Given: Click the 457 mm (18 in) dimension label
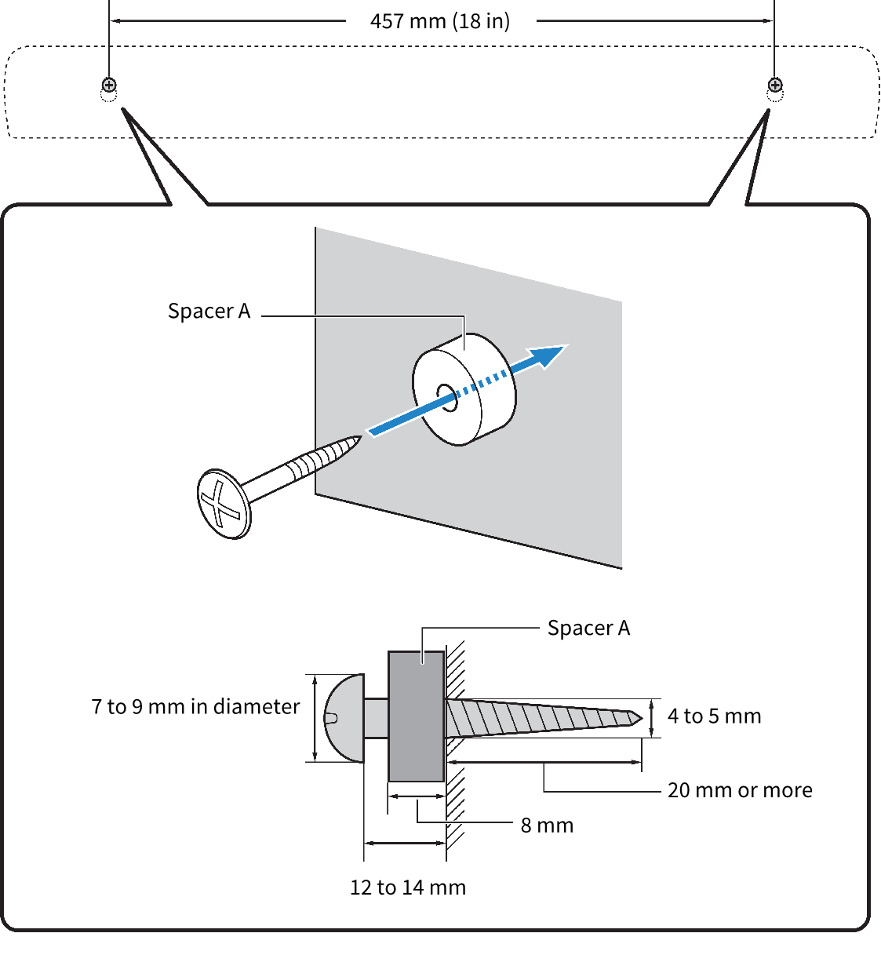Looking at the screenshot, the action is (x=439, y=22).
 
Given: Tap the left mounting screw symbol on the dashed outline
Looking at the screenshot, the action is (x=109, y=85).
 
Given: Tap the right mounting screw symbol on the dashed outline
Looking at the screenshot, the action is (x=775, y=85).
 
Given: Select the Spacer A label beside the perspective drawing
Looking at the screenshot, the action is (x=209, y=311).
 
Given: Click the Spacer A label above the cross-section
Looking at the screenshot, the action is (x=588, y=628).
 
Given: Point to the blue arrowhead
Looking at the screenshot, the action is (x=547, y=355).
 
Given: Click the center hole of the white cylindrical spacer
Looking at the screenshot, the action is (x=447, y=398).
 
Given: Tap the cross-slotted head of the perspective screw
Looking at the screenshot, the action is (x=224, y=504).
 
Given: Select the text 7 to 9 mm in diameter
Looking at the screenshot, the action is (x=195, y=707).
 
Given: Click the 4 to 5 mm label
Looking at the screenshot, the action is (x=714, y=716).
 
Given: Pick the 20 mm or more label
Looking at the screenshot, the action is (x=740, y=790).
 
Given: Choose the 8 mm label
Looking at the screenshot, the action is (x=547, y=826).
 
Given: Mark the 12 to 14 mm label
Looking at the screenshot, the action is (x=408, y=888).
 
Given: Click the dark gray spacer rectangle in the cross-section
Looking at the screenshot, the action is (x=416, y=716).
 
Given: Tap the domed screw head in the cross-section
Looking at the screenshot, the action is (x=344, y=718).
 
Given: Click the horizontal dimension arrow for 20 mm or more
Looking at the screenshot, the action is (x=544, y=762).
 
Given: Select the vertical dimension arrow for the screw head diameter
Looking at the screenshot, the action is (x=315, y=718).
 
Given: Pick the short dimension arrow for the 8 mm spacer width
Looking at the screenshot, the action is (x=417, y=796).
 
